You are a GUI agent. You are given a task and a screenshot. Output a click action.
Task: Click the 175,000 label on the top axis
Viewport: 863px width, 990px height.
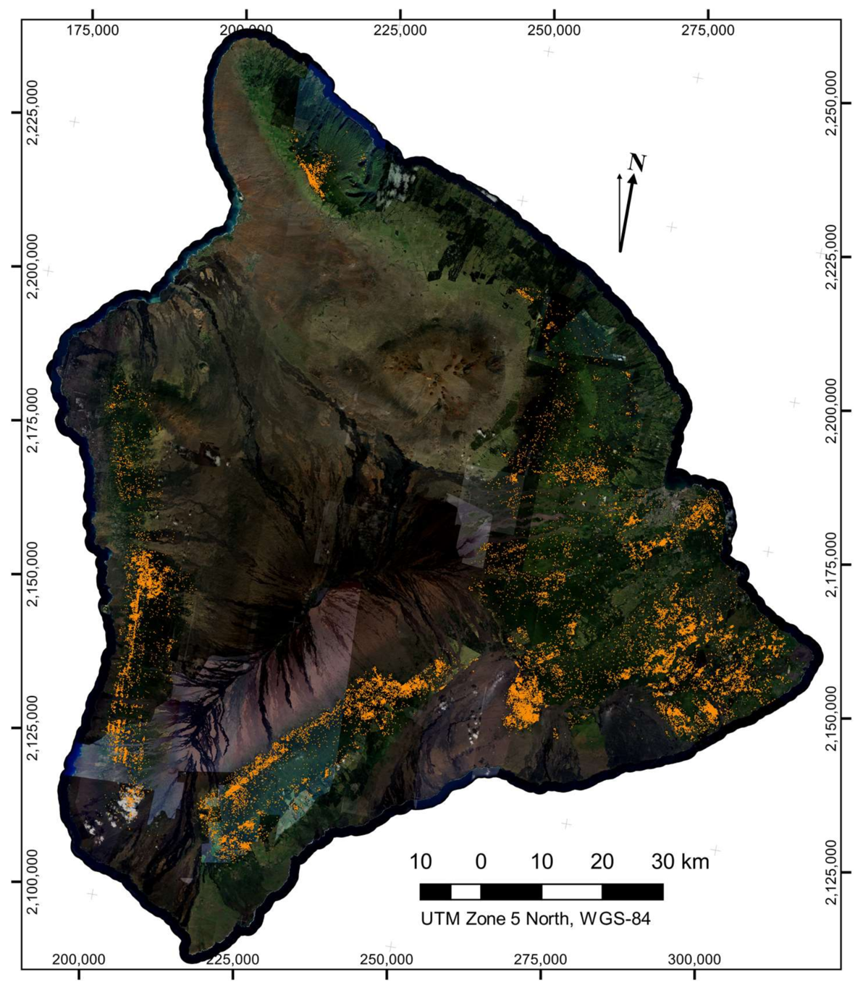tap(93, 30)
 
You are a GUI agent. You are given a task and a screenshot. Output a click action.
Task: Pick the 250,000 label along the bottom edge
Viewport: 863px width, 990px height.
tap(387, 960)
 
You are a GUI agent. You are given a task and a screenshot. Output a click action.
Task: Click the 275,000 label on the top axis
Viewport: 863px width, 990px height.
tap(708, 30)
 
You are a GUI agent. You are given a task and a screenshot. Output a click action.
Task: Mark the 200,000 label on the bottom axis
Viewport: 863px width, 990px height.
tap(80, 960)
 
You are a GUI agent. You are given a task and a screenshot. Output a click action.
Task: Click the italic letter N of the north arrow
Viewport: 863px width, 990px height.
tap(637, 163)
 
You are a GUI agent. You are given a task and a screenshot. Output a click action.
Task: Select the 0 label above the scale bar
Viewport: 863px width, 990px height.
tap(481, 863)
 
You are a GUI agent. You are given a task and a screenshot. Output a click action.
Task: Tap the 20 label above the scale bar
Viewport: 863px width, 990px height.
tap(602, 863)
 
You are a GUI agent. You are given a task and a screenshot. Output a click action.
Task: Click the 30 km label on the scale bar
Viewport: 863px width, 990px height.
tap(679, 863)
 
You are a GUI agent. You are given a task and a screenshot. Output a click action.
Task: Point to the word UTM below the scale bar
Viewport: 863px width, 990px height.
tap(436, 920)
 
